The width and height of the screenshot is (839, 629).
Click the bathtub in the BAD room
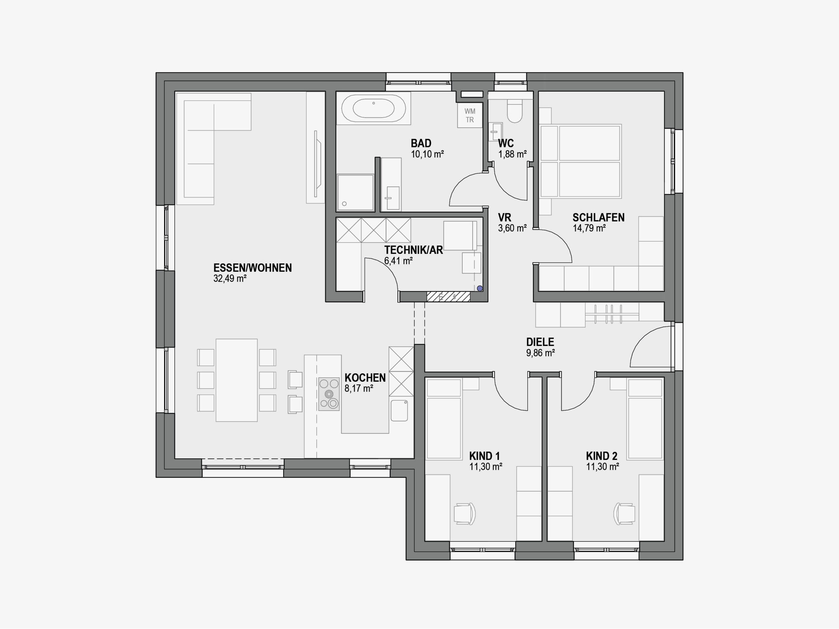(x=374, y=108)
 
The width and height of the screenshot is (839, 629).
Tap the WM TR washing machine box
(x=470, y=115)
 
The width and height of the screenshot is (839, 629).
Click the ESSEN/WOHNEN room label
(x=253, y=268)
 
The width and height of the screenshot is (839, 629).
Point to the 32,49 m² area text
(x=230, y=279)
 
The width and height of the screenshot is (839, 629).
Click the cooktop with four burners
(x=329, y=394)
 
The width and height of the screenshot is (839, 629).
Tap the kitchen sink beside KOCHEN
(x=399, y=410)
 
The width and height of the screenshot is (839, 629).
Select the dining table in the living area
(x=237, y=380)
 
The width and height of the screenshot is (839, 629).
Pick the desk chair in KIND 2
(x=624, y=514)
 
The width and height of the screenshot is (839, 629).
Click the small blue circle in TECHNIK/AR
(x=480, y=289)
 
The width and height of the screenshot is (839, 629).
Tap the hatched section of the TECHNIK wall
(x=448, y=296)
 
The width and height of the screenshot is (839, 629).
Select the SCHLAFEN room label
(x=598, y=218)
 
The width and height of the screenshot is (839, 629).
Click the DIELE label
(x=540, y=342)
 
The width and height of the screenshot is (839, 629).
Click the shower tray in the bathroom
(x=355, y=192)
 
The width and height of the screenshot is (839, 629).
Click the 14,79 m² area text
(x=589, y=228)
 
